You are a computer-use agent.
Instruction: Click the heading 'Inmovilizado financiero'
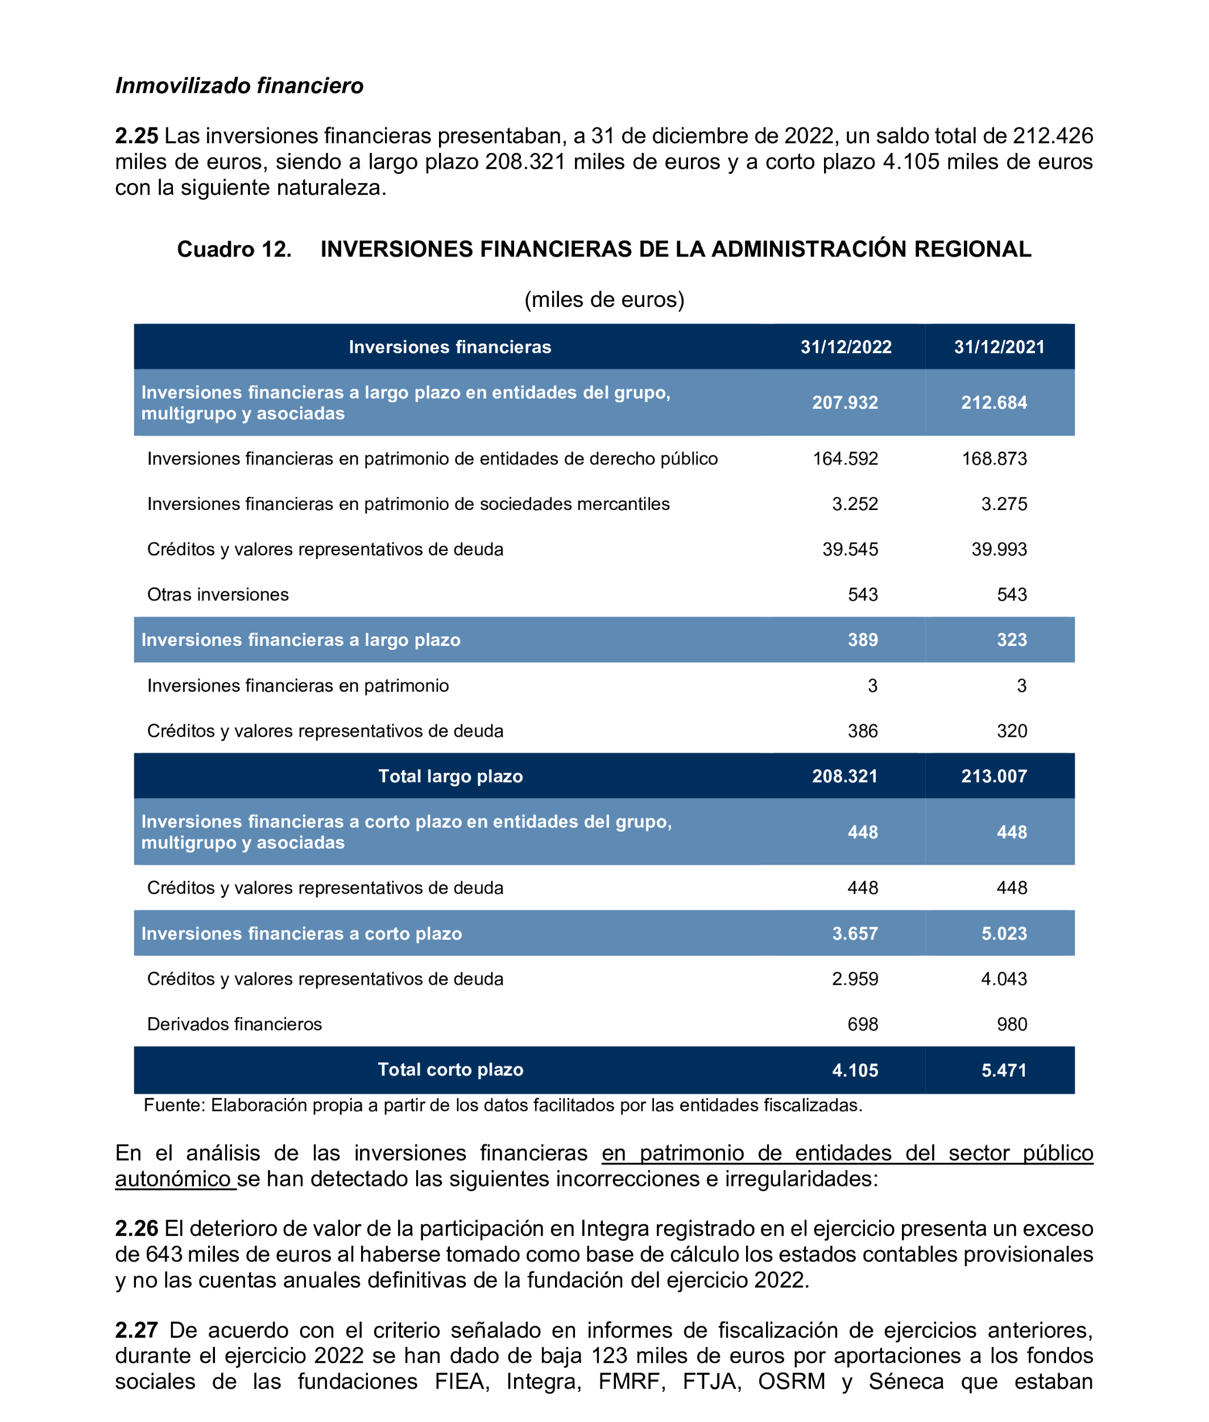click(x=239, y=86)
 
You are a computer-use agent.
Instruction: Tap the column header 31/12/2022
click(x=846, y=347)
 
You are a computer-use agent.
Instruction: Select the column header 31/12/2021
click(x=999, y=347)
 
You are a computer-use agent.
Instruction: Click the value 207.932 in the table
click(x=844, y=403)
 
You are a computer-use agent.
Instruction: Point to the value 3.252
click(x=855, y=504)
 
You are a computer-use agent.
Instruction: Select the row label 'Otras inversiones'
click(x=218, y=594)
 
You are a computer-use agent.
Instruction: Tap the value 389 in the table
click(x=862, y=640)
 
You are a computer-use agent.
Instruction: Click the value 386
click(x=862, y=731)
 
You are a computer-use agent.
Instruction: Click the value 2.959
click(x=855, y=979)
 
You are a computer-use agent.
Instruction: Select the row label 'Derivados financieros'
click(x=234, y=1024)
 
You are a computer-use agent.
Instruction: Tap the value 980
click(x=1012, y=1024)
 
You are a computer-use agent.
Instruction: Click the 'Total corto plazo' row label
click(x=450, y=1069)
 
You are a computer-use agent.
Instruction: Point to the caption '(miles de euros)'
click(x=604, y=300)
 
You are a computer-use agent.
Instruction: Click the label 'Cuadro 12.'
click(x=234, y=249)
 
